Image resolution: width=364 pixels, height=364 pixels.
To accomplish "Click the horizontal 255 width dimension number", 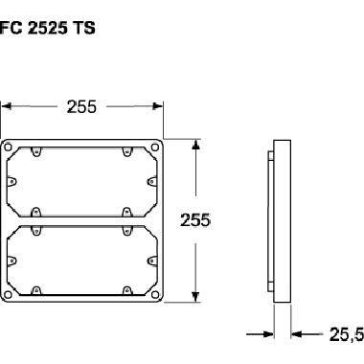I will [82, 107].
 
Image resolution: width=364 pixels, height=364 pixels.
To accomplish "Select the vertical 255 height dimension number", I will [195, 221].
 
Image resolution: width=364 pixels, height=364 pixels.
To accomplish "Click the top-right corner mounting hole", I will [156, 148].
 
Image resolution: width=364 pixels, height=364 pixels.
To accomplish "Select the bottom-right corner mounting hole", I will [156, 293].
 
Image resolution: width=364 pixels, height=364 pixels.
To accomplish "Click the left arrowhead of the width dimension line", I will [6, 107].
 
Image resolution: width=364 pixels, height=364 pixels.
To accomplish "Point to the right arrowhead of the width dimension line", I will [162, 107].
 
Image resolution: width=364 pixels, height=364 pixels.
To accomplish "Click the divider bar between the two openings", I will [83, 220].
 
